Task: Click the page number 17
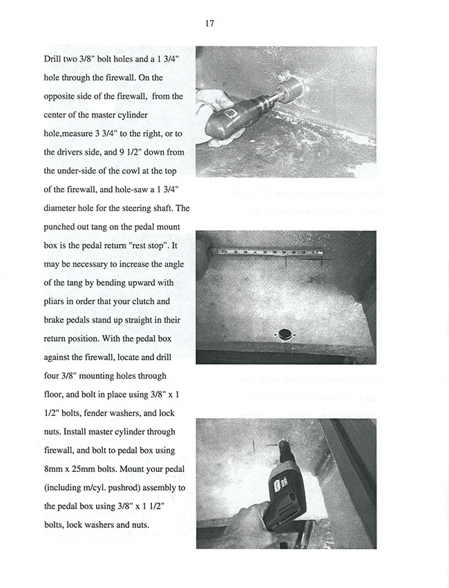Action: (209, 23)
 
